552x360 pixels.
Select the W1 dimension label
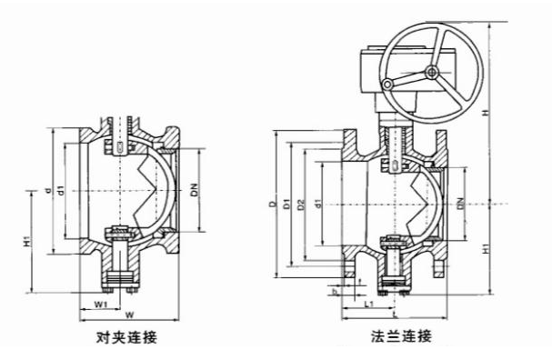(x=102, y=304)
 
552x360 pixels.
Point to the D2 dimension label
(x=302, y=207)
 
